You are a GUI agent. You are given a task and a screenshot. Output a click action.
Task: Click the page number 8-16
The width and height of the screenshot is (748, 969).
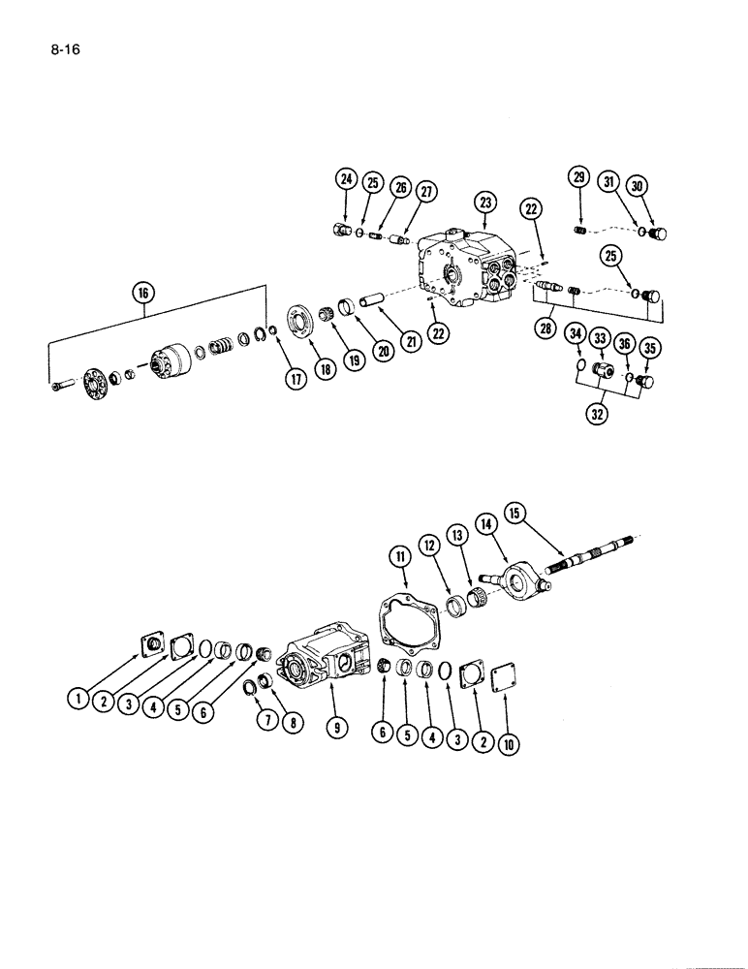(x=61, y=46)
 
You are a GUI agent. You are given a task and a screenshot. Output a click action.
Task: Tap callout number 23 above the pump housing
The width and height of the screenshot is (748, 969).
(x=484, y=203)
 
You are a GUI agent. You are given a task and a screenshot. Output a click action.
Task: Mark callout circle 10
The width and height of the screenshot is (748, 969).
(x=507, y=744)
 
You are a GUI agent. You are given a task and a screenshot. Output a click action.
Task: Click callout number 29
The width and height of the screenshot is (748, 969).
(x=579, y=177)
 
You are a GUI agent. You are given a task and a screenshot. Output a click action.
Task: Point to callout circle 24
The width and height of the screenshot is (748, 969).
(x=346, y=178)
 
